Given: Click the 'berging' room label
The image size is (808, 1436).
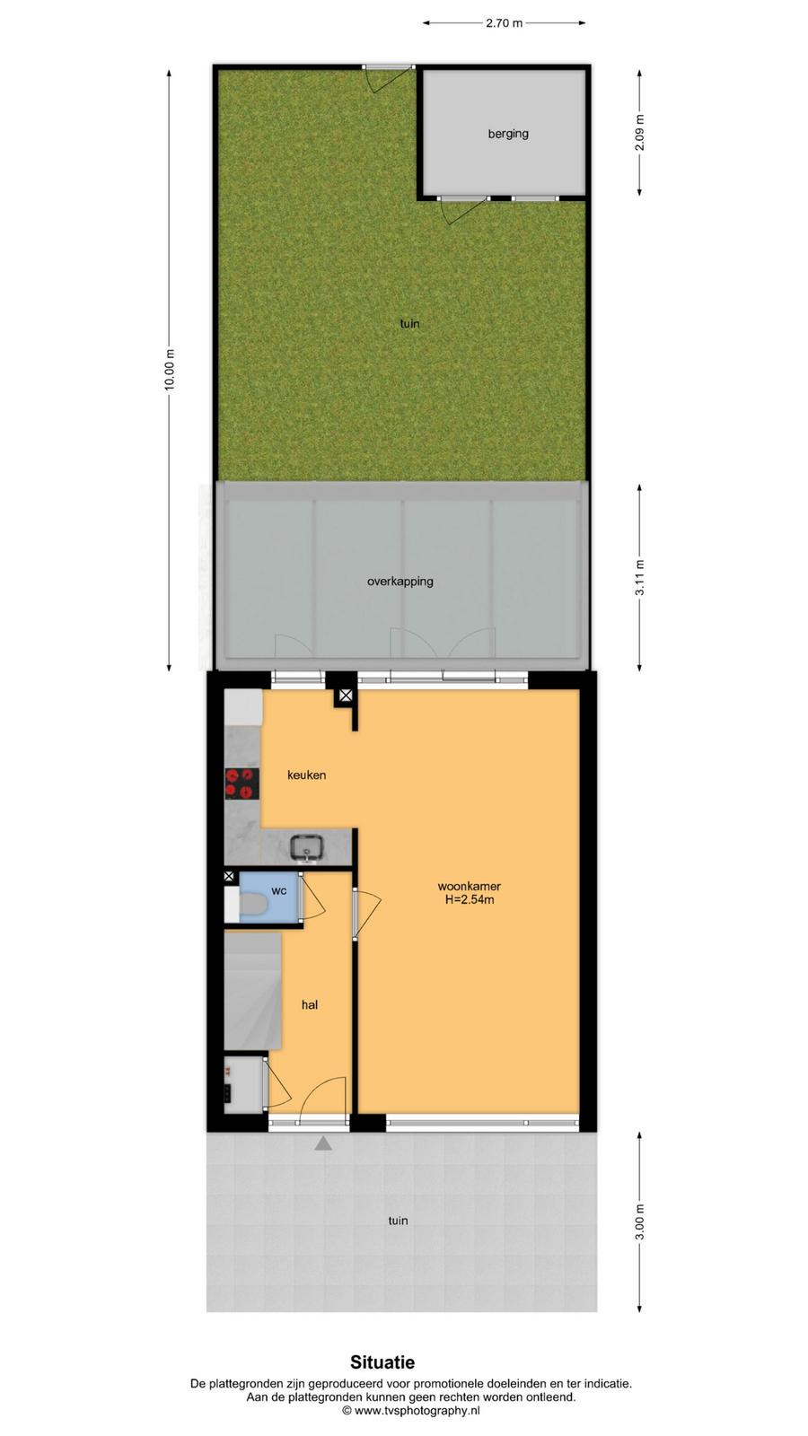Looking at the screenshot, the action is point(508,134).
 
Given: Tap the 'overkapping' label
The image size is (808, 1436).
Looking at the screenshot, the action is point(400,582).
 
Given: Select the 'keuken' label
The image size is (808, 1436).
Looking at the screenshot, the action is point(306,775).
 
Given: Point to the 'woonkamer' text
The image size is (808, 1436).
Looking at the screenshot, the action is point(470,886).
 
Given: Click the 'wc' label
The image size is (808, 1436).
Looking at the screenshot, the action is point(279,890).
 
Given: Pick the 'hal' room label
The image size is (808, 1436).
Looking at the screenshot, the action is point(310,1004).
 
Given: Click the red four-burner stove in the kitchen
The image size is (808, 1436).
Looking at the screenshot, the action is point(242,784).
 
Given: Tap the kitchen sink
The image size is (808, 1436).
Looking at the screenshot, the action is point(307,847).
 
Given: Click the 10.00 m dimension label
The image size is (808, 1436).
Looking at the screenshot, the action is point(170,370).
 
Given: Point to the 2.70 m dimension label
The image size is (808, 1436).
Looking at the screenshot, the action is point(504,23).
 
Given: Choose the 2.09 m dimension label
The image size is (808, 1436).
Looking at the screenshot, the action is point(639,132).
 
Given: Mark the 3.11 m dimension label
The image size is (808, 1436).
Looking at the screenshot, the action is point(639,578).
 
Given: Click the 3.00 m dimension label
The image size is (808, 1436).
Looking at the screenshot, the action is point(639,1221).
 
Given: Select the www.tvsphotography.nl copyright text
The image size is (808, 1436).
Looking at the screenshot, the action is point(411,1410).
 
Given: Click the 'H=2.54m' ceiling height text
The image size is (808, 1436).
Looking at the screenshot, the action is point(470,899).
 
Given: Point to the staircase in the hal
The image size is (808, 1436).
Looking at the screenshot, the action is point(252,991).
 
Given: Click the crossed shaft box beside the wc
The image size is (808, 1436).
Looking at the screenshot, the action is point(229,876).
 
